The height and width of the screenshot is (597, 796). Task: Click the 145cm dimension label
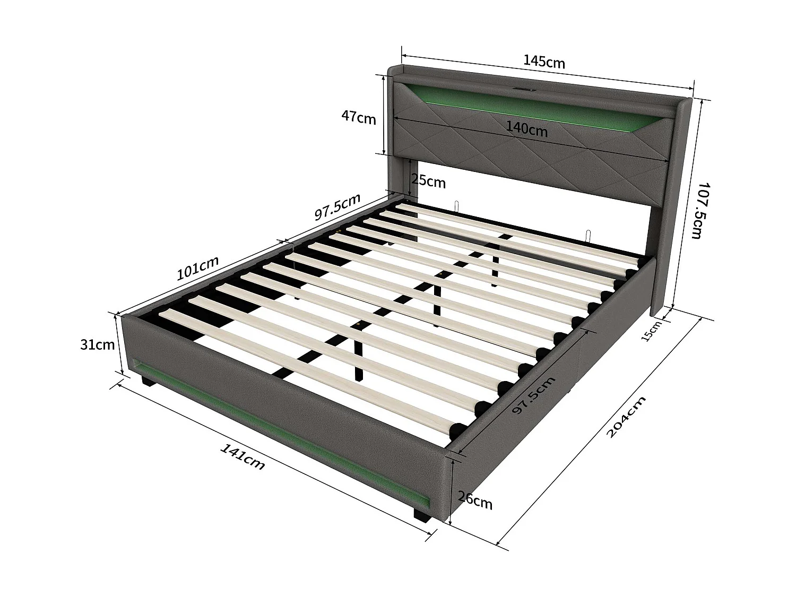click(x=544, y=62)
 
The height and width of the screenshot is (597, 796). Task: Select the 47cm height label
click(x=358, y=117)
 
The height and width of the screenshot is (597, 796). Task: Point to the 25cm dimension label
click(x=429, y=181)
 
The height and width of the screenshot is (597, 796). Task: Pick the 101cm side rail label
click(x=197, y=269)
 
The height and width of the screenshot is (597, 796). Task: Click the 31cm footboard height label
click(x=97, y=344)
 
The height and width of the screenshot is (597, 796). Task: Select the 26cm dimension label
click(x=475, y=500)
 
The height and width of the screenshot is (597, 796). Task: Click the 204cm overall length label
click(x=626, y=417)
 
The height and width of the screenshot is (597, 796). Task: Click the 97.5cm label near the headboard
click(x=338, y=207)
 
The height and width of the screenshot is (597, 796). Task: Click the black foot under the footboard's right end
click(x=421, y=516)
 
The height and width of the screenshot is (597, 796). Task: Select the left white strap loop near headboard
click(x=456, y=206)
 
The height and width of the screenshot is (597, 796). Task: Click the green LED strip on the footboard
click(x=276, y=432)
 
